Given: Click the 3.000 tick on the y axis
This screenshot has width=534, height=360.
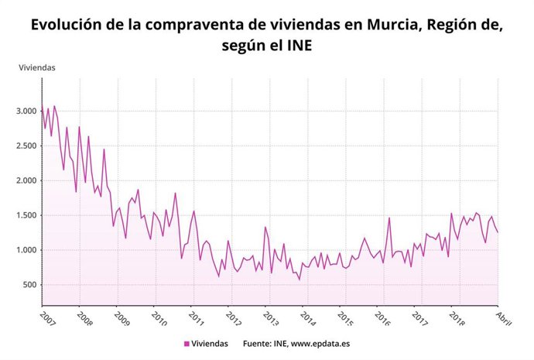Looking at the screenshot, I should (x=26, y=111).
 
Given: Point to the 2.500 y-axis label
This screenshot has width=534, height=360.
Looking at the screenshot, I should (x=26, y=146).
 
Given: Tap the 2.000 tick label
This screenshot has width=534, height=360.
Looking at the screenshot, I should (x=26, y=180).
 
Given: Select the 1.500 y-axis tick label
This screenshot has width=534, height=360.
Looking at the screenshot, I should (x=26, y=215).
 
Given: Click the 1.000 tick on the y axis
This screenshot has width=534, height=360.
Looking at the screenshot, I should (x=26, y=250).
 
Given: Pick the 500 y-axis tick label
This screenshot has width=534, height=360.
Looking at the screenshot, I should (x=29, y=285).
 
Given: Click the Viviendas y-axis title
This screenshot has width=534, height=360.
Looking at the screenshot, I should (x=36, y=67).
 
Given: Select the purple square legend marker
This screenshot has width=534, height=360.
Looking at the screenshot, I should (x=187, y=344).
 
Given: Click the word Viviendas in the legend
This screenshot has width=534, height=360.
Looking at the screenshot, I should (x=211, y=344).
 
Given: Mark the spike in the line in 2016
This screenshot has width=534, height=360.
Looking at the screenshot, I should (x=389, y=218).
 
